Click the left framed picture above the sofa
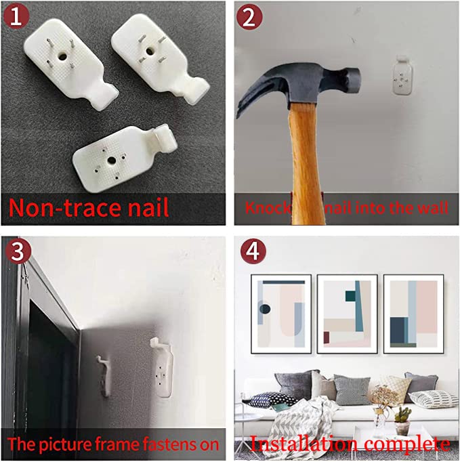(x=281, y=314)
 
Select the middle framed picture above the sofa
(x=347, y=314)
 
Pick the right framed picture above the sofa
(x=413, y=314)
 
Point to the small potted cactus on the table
(x=402, y=421)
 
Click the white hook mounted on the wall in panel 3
(x=163, y=366)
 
